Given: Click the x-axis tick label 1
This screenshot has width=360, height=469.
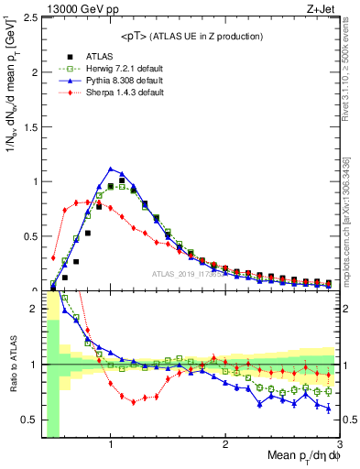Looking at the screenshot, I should pyautogui.click(x=111, y=445).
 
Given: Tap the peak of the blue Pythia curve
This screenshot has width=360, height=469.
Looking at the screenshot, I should pyautogui.click(x=111, y=169).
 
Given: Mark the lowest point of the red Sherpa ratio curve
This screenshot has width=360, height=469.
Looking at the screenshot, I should pyautogui.click(x=134, y=402).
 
